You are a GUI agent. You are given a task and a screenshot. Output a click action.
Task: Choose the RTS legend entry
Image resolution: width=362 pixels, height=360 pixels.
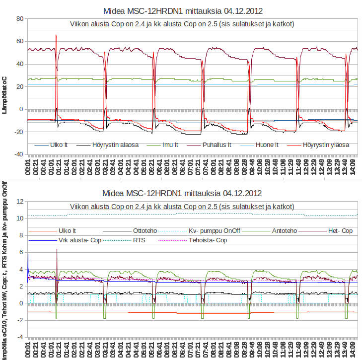coord(139,240)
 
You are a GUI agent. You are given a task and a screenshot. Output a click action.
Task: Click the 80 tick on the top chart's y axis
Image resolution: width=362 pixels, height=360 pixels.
coord(20,19)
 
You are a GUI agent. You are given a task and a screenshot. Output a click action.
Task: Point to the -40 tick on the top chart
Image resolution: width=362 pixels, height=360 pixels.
coord(18,154)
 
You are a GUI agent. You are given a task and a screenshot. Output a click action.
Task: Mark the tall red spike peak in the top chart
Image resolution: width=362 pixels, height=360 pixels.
coord(56,35)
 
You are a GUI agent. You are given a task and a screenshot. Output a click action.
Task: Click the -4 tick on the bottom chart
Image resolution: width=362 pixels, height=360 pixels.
coord(20,337)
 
